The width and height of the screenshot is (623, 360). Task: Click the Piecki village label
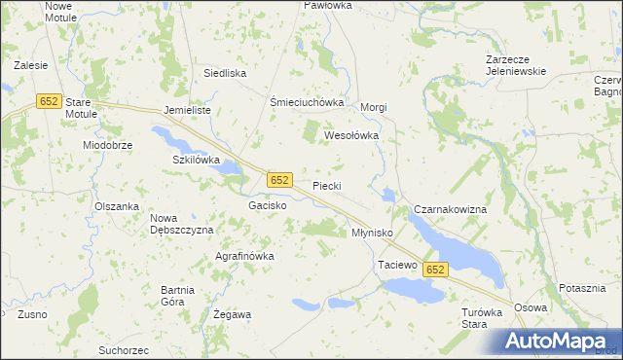click(x=327, y=185)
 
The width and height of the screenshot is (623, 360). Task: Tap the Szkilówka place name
click(x=197, y=159)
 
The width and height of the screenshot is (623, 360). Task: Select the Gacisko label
click(x=267, y=206)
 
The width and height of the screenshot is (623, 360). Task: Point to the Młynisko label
click(x=371, y=234)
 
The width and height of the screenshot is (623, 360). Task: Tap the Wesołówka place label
click(x=350, y=135)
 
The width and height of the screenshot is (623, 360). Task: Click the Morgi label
click(x=375, y=107)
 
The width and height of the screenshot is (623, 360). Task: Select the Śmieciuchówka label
click(x=307, y=102)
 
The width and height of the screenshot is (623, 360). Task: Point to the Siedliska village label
click(x=224, y=73)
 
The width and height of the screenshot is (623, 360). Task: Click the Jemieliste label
click(x=188, y=111)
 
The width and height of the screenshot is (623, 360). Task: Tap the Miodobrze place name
click(x=114, y=144)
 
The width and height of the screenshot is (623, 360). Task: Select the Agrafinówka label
click(x=244, y=256)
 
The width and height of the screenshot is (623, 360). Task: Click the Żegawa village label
click(x=232, y=314)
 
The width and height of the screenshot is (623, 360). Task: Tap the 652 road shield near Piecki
click(x=279, y=180)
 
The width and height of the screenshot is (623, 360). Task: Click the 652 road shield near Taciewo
click(x=435, y=270)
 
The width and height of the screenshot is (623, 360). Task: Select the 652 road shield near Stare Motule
click(x=48, y=101)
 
